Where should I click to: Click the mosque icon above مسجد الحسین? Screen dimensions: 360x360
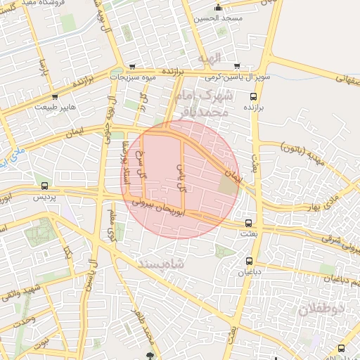pyautogui.click(x=219, y=8)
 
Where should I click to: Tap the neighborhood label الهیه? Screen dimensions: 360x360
pyautogui.click(x=210, y=57)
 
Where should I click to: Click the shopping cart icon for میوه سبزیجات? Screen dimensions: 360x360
pyautogui.click(x=132, y=67)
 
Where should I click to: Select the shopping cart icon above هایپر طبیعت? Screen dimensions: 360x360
pyautogui.click(x=56, y=97)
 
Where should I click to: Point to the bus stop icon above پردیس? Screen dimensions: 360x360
pyautogui.click(x=45, y=186)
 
